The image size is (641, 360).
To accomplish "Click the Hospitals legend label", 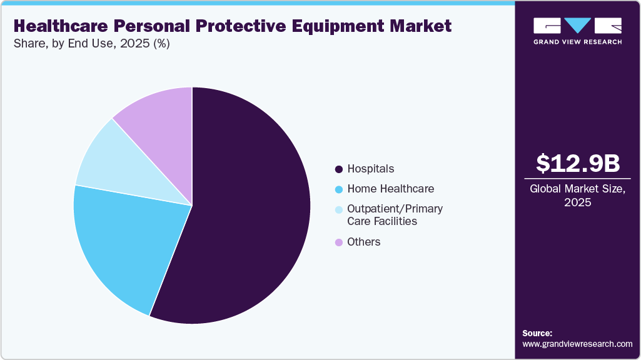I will (x=371, y=169).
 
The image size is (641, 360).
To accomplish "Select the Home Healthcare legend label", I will (x=390, y=189).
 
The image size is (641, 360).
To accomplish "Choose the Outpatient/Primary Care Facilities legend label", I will (x=395, y=215).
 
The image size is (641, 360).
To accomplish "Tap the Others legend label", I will (x=364, y=242).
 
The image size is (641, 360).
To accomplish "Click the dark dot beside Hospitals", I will (x=339, y=169).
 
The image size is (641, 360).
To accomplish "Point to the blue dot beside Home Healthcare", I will (x=339, y=189).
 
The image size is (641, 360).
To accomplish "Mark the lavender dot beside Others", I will (x=339, y=242).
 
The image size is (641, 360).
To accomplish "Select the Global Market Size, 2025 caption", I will (x=577, y=195).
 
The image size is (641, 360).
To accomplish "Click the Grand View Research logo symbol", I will (x=577, y=26).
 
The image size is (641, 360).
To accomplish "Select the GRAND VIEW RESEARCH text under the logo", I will (x=577, y=42).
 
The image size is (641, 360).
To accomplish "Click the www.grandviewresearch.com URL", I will (x=577, y=344).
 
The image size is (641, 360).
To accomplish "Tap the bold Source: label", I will (x=537, y=333).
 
